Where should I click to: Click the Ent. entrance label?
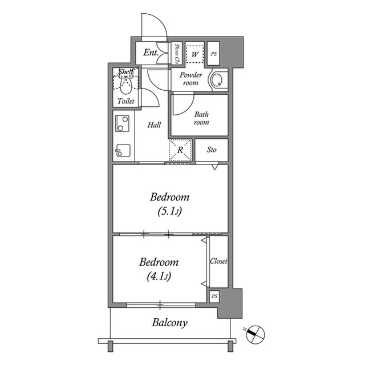[x=151, y=53]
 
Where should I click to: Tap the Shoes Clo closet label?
[x=177, y=54]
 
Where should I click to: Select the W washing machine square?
[x=195, y=54]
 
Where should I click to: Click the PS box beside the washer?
[x=213, y=54]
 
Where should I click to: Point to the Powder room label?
[x=190, y=79]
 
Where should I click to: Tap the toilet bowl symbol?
[x=126, y=85]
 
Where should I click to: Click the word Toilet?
[x=126, y=101]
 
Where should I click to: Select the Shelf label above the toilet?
[x=125, y=71]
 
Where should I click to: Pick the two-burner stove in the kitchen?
[x=122, y=123]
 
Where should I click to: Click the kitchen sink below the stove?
[x=123, y=151]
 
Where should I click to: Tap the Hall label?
[x=154, y=125]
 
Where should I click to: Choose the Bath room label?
[x=201, y=118]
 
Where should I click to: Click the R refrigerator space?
[x=180, y=150]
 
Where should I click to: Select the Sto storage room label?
[x=212, y=150]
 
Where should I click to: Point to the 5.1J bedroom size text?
[x=169, y=211]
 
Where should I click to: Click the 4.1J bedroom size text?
[x=159, y=276]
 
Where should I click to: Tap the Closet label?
[x=218, y=261]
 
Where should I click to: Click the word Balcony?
[x=170, y=323]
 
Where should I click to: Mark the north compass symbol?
[x=255, y=335]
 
